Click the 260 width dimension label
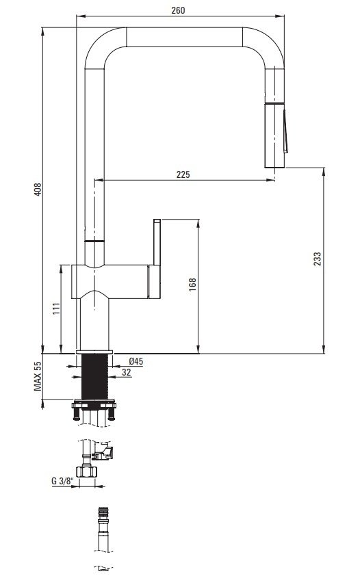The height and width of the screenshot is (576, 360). click(178, 10)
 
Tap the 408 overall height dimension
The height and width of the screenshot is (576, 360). click(38, 189)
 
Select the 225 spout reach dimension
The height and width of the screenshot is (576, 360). click(183, 174)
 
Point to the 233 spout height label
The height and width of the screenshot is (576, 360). click(318, 259)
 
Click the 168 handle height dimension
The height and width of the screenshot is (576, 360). click(192, 285)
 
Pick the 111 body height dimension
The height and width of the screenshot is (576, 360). click(56, 309)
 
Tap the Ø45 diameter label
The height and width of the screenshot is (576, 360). click(136, 361)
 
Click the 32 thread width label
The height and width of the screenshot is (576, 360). click(127, 372)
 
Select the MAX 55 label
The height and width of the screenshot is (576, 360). click(38, 376)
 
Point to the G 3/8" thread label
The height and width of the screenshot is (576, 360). click(63, 481)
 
